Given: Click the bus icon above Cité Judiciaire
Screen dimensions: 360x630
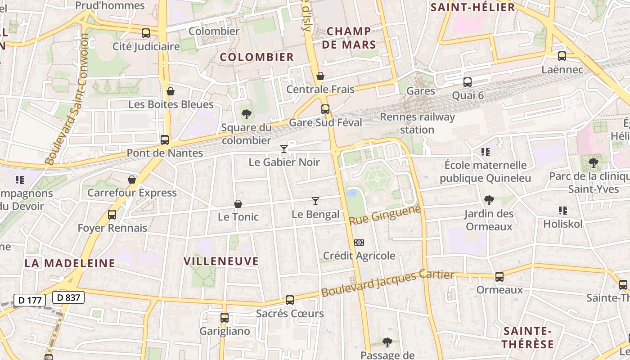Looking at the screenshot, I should (x=145, y=33).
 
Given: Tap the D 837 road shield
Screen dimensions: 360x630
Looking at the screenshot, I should (x=68, y=297).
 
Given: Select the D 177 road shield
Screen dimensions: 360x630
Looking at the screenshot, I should (x=30, y=300).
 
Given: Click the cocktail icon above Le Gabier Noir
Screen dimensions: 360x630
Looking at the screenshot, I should (x=284, y=148).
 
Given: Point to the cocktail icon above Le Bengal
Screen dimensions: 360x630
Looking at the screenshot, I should (x=315, y=201).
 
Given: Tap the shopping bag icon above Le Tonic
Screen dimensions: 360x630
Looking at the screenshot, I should (x=238, y=204).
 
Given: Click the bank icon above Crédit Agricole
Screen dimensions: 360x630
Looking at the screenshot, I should (x=359, y=243).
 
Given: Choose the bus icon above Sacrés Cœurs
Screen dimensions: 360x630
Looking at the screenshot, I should (x=290, y=300).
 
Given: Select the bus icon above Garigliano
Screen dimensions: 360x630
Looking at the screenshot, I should (x=225, y=318).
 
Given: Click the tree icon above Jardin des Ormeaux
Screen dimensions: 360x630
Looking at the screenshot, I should (x=489, y=200).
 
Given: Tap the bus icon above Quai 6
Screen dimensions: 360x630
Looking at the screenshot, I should (x=468, y=82).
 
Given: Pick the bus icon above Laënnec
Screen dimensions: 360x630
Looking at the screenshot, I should (x=562, y=56).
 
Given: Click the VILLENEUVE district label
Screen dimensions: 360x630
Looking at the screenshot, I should (x=221, y=261).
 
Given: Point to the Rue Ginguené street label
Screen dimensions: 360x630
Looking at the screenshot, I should (x=385, y=216).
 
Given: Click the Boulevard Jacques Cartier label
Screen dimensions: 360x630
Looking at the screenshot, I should (x=387, y=283).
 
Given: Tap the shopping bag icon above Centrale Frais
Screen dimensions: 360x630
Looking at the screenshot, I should (x=320, y=76).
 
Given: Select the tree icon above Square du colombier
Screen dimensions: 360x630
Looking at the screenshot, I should (x=246, y=114).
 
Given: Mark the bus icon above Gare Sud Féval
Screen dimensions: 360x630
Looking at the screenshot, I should (x=325, y=109).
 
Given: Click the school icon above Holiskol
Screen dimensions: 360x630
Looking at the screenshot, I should (x=562, y=210).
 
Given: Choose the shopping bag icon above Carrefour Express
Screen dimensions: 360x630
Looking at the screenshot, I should (x=132, y=180).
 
